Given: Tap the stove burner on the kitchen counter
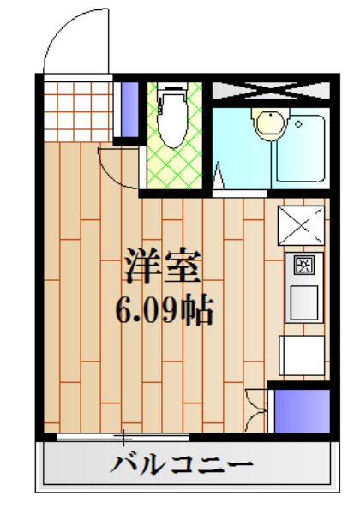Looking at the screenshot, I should tap(304, 266).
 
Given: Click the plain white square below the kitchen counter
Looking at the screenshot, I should tap(302, 354).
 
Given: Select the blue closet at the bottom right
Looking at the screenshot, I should tap(301, 412).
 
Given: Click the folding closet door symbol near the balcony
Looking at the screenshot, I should tap(255, 409).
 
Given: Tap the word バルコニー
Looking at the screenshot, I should tap(182, 467).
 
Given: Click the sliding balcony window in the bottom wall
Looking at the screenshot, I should tap(129, 438).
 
